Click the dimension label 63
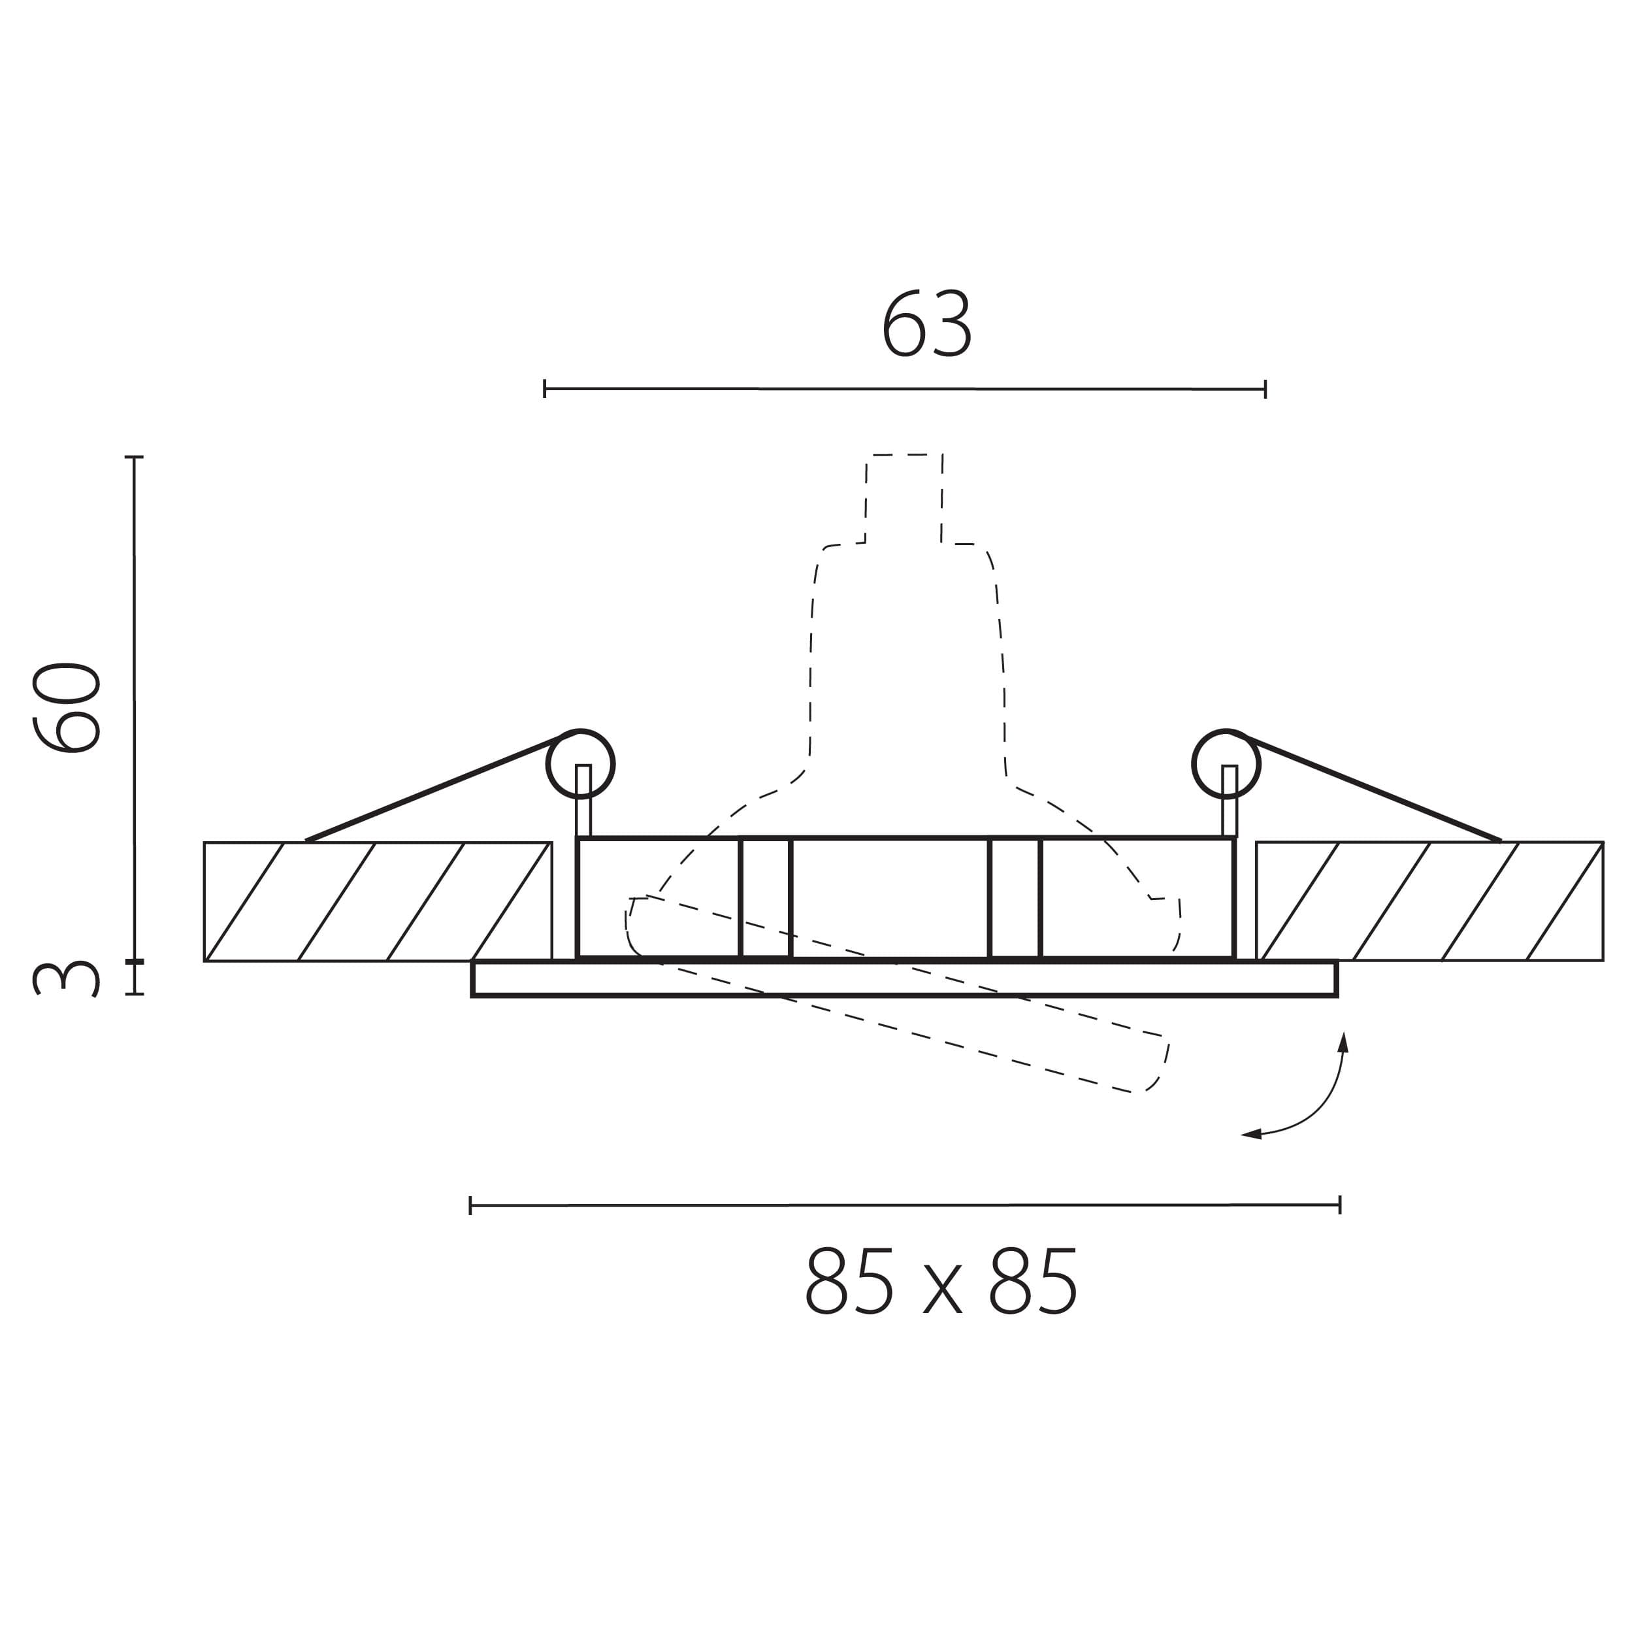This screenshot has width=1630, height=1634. click(x=928, y=324)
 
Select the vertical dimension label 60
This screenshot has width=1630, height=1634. click(x=67, y=708)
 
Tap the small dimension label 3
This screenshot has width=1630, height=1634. click(x=67, y=979)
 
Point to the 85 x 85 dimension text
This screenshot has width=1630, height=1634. click(x=941, y=1281)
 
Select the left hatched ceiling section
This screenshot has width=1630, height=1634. click(x=378, y=901)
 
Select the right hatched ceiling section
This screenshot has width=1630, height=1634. click(x=1429, y=901)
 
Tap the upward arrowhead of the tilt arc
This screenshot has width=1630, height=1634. click(x=1343, y=1042)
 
